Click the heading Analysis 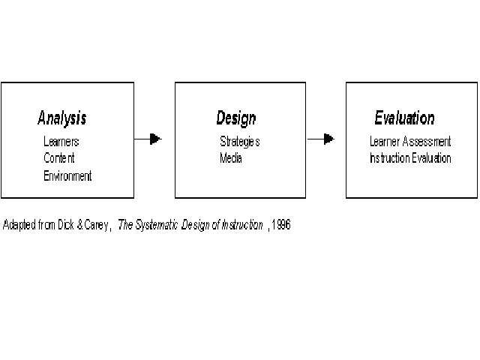[x=61, y=118]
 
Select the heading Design [x=235, y=118]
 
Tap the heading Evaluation [x=404, y=118]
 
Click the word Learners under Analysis [x=61, y=141]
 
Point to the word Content [x=59, y=158]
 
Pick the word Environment [x=67, y=176]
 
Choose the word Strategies [x=239, y=141]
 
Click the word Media [x=231, y=158]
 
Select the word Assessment [x=427, y=141]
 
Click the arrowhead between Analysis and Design [x=155, y=139]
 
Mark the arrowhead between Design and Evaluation [x=328, y=139]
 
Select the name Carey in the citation [x=96, y=225]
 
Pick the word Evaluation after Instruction [x=430, y=158]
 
